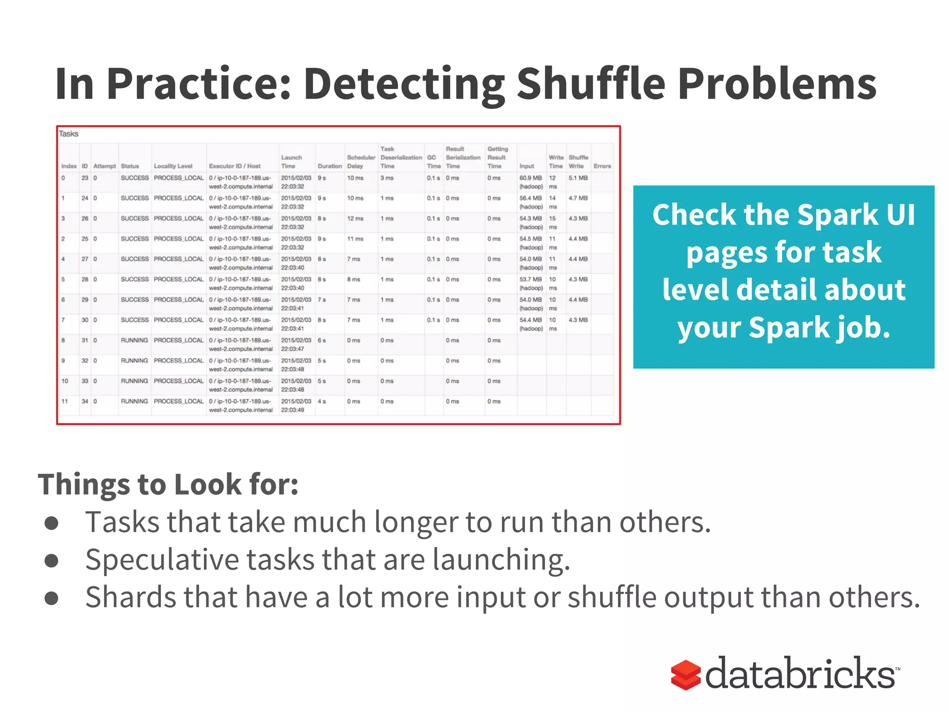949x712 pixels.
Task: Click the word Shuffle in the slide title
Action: [x=591, y=84]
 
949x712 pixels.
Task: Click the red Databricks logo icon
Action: [x=685, y=675]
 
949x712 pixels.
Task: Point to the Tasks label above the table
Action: [x=69, y=134]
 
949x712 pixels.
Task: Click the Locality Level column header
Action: [x=173, y=166]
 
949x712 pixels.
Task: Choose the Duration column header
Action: [x=329, y=166]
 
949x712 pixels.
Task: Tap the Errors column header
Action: [x=602, y=166]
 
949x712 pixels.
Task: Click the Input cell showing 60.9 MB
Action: [x=531, y=178]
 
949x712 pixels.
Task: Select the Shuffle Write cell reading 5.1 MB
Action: [x=578, y=178]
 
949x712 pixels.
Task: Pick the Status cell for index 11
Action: [x=134, y=401]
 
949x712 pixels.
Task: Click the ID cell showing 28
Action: [x=85, y=280]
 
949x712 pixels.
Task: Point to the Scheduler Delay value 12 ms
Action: [x=355, y=219]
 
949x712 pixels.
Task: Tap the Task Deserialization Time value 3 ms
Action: [x=387, y=178]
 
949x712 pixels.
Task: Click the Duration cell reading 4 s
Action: [x=322, y=401]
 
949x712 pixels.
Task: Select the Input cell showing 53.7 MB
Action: [x=531, y=280]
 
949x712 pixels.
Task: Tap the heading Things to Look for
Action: [x=168, y=484]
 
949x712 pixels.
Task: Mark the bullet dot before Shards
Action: [x=51, y=598]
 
